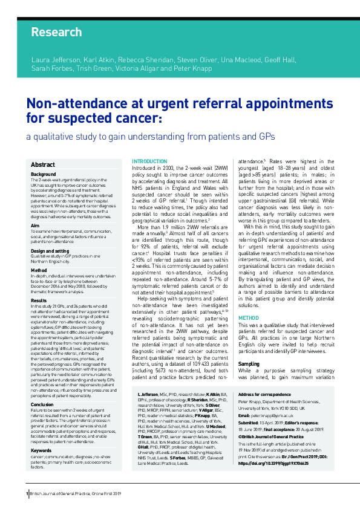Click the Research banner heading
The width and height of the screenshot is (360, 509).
point(56,32)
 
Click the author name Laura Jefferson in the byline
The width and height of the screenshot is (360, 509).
point(55,60)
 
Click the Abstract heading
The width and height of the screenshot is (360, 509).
point(43,164)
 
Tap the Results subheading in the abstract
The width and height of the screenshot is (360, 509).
point(39,300)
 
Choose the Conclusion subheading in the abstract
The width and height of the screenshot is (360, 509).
point(43,387)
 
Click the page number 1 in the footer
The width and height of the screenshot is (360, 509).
point(27,494)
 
